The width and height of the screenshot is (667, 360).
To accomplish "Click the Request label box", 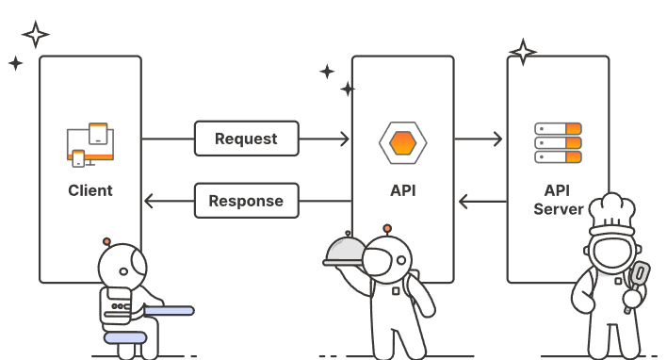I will pos(246,139).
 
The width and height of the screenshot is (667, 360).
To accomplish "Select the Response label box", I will pos(245,201).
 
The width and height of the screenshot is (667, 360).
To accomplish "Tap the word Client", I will pos(90,190).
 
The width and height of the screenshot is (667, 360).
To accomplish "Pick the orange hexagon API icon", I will pos(402,143).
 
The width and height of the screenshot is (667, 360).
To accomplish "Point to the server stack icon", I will pos(558,141).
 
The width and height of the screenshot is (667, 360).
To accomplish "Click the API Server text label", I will pos(558,200).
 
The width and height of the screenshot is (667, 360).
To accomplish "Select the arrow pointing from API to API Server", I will pos(480,139).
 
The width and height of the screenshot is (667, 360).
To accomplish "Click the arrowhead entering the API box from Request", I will pos(344,139).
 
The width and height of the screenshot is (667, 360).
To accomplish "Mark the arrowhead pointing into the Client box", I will pos(149,201).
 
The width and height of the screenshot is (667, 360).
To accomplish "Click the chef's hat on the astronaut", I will pos(614,214).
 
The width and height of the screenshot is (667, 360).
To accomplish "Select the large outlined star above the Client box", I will pos(36,35).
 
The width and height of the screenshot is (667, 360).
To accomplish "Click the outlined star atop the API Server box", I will pos(522,51).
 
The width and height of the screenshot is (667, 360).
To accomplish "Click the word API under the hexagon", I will pos(402,190).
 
